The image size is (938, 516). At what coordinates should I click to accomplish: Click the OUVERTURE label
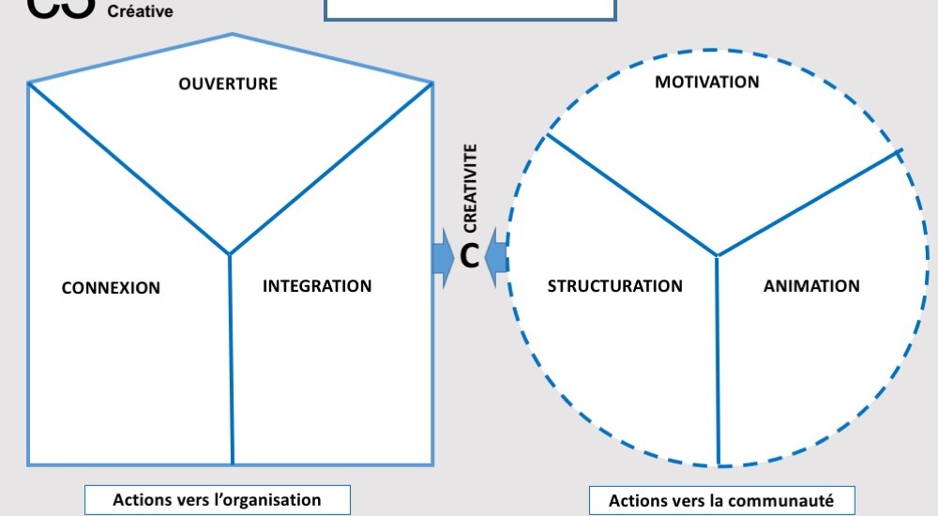(x=228, y=83)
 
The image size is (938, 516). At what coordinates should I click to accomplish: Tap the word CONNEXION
(x=111, y=288)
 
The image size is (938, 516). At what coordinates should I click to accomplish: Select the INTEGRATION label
(x=317, y=286)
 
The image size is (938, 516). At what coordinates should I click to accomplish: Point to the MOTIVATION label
(x=707, y=82)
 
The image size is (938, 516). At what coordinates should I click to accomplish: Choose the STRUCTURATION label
(x=615, y=286)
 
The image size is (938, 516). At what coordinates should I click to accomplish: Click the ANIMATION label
(x=811, y=286)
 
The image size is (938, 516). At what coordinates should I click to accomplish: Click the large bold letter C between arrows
(x=470, y=256)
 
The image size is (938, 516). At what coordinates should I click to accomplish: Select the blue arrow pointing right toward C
(x=442, y=256)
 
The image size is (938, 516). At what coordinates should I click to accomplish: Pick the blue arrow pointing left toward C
(x=498, y=256)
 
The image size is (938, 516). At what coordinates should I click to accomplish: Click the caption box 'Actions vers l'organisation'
(x=217, y=500)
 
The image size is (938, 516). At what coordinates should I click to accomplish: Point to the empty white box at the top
(x=470, y=9)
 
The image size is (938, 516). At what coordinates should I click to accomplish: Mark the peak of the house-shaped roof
(x=232, y=35)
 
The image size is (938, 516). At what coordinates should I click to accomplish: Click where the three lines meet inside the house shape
(x=230, y=254)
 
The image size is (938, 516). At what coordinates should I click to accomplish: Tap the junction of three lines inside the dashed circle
(x=718, y=255)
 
